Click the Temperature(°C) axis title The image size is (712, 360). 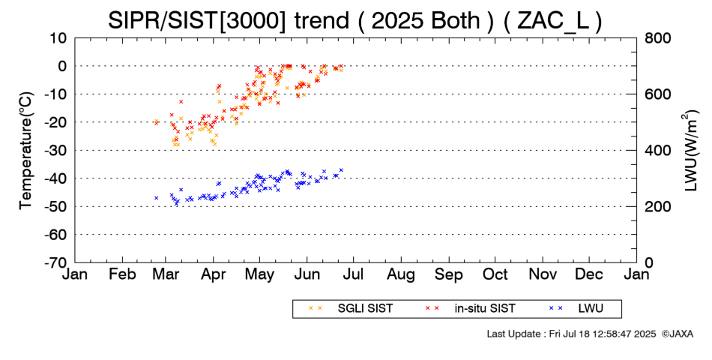pos(25,150)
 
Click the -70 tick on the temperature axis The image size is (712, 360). pos(55,262)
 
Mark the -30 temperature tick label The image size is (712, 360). pos(55,150)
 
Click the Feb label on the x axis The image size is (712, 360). pos(122,274)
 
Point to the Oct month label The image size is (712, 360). pos(495,274)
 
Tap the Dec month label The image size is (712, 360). pos(589,274)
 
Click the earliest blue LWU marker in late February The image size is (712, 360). pos(156,198)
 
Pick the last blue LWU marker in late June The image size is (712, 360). pos(341,170)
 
